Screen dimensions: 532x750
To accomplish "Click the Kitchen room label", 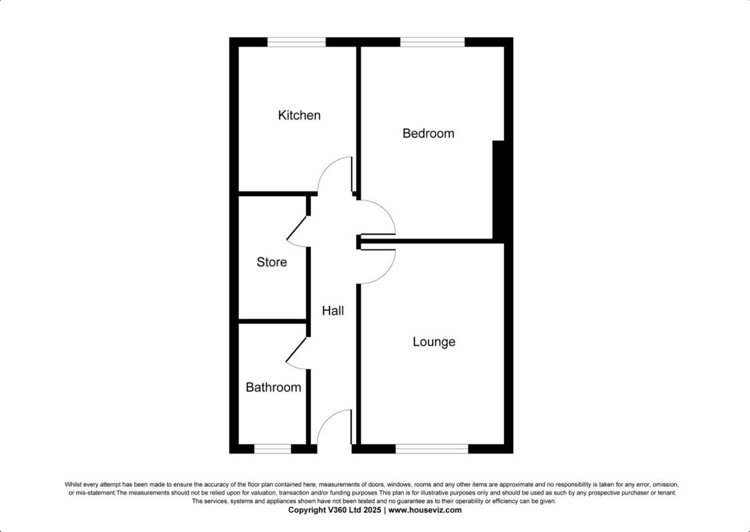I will point(299,116).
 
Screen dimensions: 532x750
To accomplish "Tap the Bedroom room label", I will point(428,134).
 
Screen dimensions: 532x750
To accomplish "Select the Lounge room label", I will point(434,342).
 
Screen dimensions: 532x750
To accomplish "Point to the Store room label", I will point(272,263).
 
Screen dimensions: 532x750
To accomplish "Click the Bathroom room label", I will point(273,388).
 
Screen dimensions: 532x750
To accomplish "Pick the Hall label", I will point(333,311).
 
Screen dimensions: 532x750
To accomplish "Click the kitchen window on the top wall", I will point(297,42).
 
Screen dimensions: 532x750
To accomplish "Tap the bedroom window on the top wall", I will point(432,42).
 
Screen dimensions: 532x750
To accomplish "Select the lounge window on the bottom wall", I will point(432,449).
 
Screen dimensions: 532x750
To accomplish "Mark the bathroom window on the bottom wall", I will point(273,449).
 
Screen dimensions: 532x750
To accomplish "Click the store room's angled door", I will point(297,229).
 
